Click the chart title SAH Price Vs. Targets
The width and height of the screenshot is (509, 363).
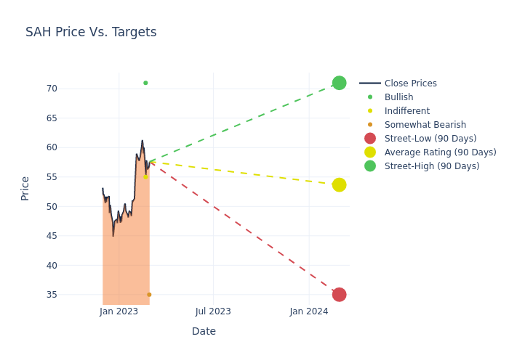[91, 32]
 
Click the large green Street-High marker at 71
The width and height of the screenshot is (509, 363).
[339, 83]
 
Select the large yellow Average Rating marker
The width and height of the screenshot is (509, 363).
[339, 185]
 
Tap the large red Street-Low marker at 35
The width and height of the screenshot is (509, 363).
[339, 294]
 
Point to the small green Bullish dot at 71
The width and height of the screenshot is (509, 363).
[145, 83]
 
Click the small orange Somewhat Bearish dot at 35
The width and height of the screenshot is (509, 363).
[149, 295]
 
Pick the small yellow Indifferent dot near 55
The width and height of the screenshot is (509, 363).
[145, 176]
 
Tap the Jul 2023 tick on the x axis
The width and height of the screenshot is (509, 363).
[213, 311]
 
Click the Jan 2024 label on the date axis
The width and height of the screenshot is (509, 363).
[309, 311]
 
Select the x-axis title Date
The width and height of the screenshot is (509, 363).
[204, 331]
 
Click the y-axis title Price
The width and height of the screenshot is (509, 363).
[25, 188]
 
